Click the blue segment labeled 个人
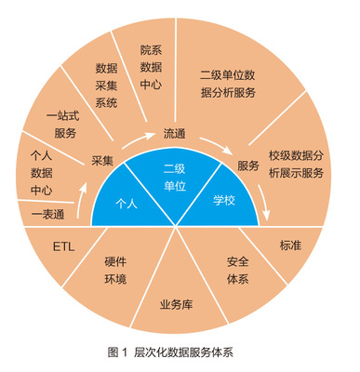click(x=126, y=202)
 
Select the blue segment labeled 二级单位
click(x=175, y=176)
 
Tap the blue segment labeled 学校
click(x=224, y=200)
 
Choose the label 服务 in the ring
click(x=247, y=166)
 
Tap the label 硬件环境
click(x=115, y=271)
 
